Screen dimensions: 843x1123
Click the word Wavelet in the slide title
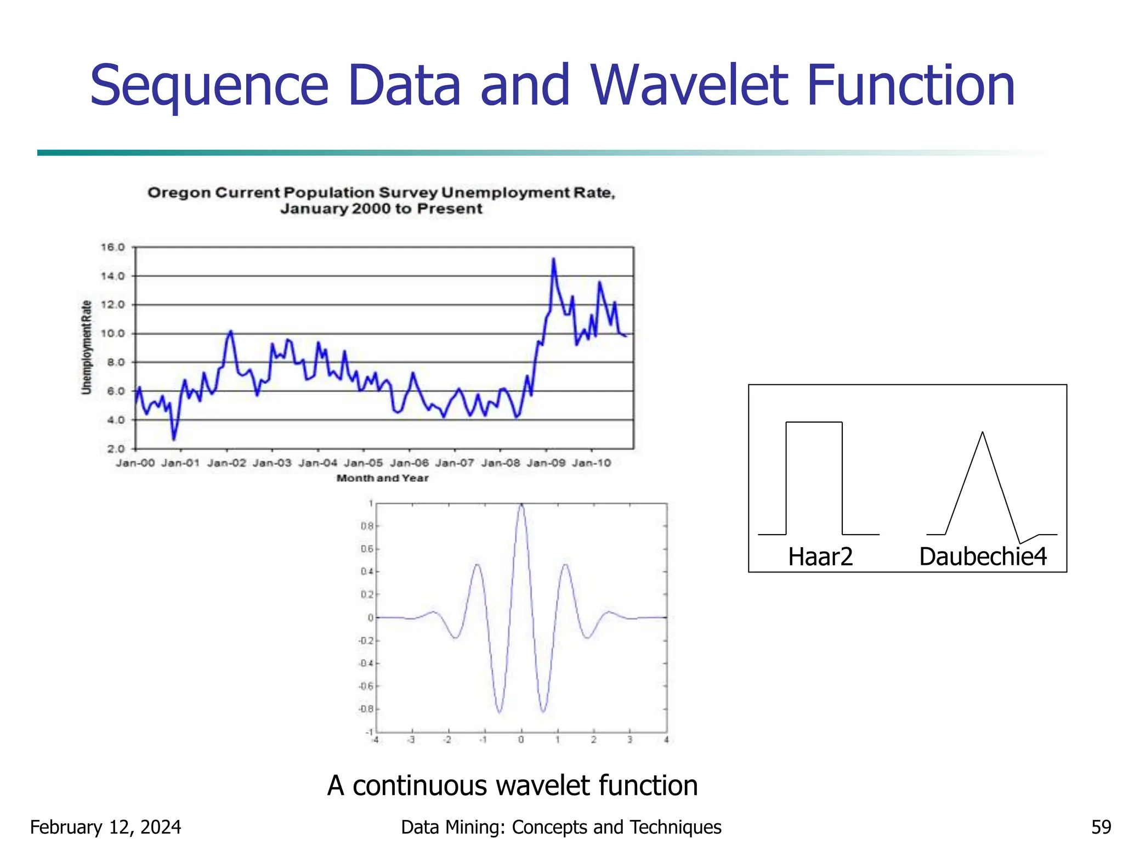(688, 86)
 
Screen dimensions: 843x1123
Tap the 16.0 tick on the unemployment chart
(112, 248)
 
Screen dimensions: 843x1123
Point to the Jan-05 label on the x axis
(363, 463)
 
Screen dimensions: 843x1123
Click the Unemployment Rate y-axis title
(86, 347)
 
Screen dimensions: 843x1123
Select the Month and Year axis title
(382, 478)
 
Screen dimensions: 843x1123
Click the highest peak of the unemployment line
(553, 259)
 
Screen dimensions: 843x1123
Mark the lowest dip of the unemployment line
(174, 439)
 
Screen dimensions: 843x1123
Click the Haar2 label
(820, 557)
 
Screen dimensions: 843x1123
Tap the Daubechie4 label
(983, 557)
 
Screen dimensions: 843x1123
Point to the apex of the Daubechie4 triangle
(982, 433)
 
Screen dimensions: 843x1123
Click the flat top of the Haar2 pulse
(814, 422)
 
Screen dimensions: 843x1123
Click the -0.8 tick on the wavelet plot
(366, 709)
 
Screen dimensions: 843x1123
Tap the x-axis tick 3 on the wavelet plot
(630, 740)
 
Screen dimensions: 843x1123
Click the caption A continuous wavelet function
(512, 785)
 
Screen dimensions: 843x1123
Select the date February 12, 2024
(105, 827)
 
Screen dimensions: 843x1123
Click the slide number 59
(1101, 827)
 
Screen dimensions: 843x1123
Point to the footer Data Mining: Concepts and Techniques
(561, 827)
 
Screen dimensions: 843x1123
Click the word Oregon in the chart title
(179, 193)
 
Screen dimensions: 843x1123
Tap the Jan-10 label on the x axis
(591, 463)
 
